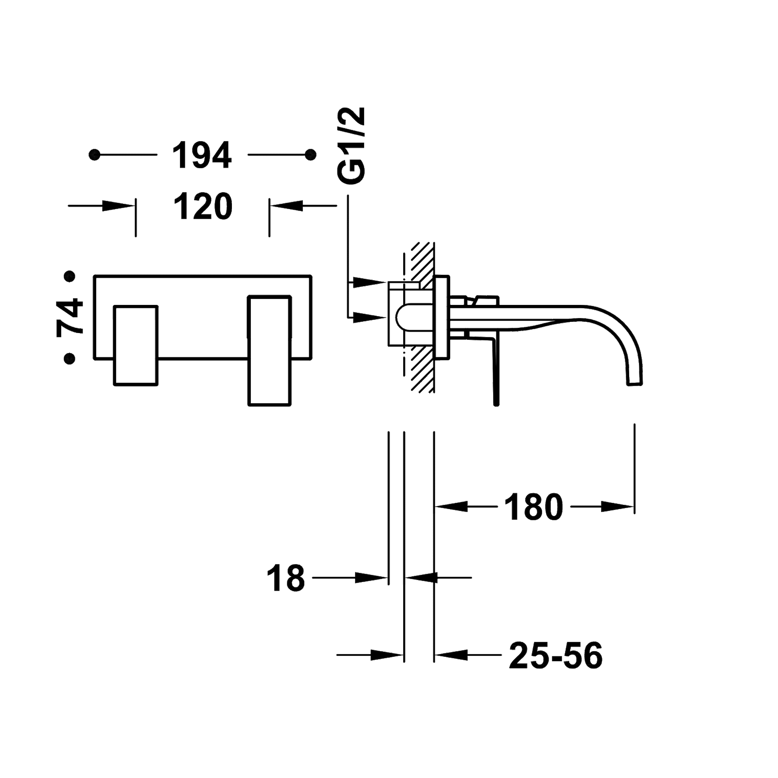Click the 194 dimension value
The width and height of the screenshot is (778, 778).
pos(202,155)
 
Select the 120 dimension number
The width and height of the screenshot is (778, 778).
pos(203,206)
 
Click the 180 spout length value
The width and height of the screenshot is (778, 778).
pos(533,507)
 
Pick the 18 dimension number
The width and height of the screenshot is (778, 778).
pos(285,578)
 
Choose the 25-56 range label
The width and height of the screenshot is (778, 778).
pos(556,655)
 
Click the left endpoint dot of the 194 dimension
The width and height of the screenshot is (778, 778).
pos(95,155)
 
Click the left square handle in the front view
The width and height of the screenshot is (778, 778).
pos(136,345)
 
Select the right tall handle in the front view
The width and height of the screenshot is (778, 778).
pos(269,350)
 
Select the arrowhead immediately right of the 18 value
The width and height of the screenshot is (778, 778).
pos(372,578)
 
